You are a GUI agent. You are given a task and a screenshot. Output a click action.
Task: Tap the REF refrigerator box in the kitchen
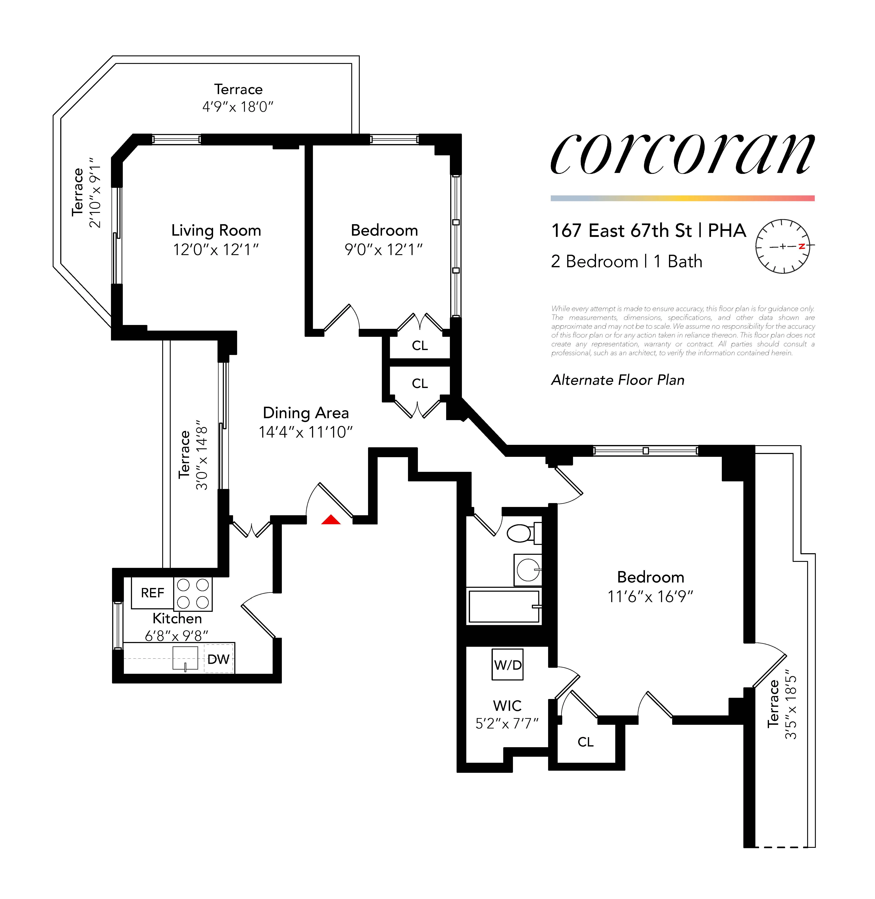pos(152,593)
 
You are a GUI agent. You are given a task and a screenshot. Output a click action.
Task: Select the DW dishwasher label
pos(218,659)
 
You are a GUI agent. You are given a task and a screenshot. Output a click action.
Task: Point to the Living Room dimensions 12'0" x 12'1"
pos(216,250)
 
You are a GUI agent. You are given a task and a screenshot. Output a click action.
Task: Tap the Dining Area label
pos(306,413)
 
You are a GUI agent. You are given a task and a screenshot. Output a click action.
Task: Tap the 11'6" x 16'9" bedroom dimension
pos(650,596)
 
